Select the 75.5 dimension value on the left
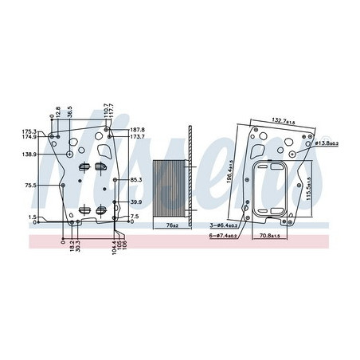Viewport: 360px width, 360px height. [30, 186]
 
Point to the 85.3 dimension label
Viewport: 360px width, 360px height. [136, 179]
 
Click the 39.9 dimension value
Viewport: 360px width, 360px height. [136, 202]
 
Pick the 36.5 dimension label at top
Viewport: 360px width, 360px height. [69, 112]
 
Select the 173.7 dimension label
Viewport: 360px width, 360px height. [136, 138]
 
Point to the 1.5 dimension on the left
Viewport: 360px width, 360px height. [32, 217]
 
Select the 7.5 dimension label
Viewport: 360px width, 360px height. [135, 216]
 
